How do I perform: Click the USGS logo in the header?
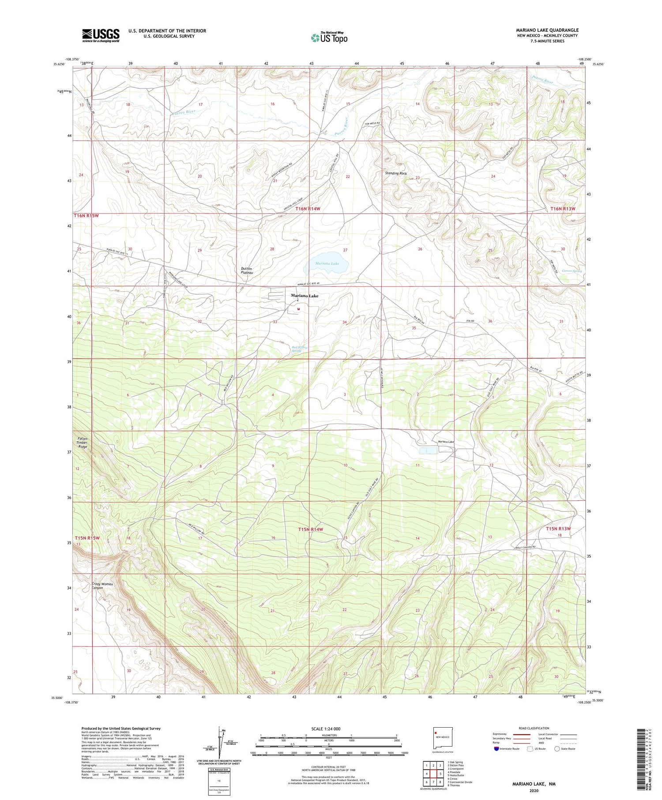click(x=101, y=35)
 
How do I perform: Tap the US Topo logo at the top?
click(x=329, y=37)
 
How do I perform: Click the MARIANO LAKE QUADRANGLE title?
click(x=547, y=30)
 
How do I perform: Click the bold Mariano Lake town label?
click(x=305, y=296)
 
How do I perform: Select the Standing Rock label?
click(x=396, y=173)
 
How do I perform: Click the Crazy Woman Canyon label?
click(x=102, y=586)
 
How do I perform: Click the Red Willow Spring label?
click(x=299, y=349)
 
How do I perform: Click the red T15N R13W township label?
click(x=558, y=529)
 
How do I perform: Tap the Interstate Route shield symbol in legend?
click(x=496, y=749)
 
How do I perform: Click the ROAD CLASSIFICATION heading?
click(x=534, y=728)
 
